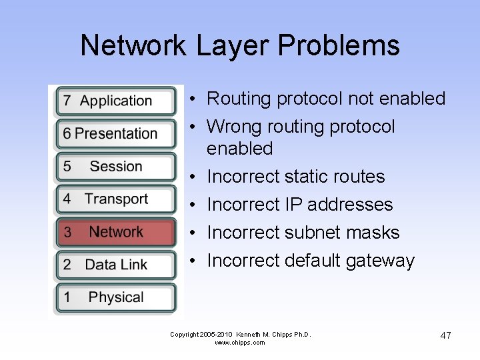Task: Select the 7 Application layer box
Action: (116, 101)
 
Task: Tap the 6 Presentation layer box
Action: (116, 134)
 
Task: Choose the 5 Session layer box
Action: (116, 167)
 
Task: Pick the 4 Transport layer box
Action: (116, 199)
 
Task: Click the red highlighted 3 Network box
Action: (116, 232)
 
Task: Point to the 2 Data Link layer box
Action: (116, 265)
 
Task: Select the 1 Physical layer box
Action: (116, 297)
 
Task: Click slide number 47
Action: (445, 335)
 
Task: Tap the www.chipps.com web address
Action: (240, 343)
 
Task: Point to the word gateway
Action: (380, 261)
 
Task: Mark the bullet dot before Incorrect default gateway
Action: (191, 261)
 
